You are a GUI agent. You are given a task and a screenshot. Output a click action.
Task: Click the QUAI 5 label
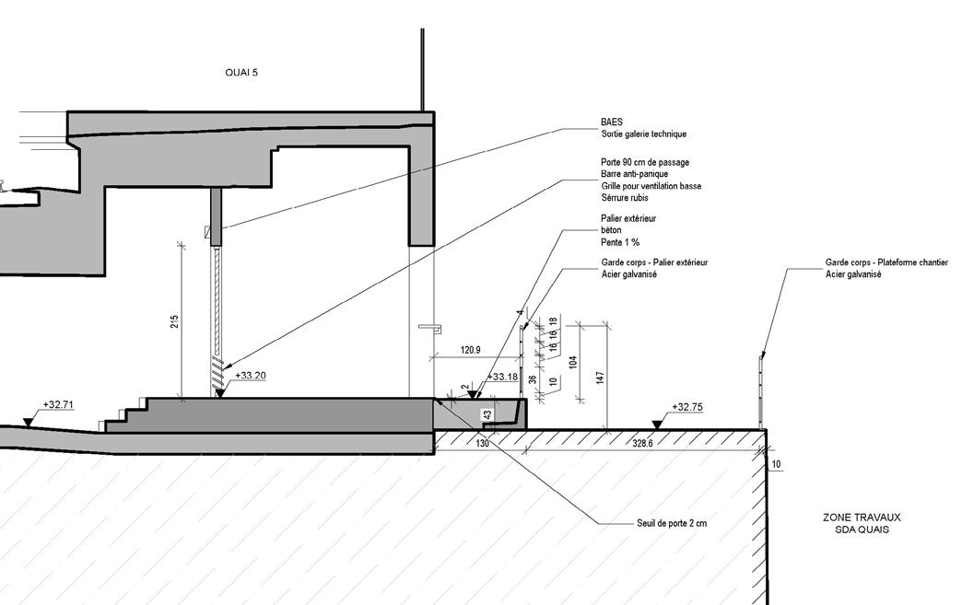pos(241,72)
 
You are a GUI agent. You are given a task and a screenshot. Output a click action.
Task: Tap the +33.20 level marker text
pos(251,376)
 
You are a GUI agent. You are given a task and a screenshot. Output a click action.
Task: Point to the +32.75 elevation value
pos(687,407)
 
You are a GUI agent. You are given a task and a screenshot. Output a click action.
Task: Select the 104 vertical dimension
pos(572,362)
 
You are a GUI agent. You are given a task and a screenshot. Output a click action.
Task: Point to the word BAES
pos(611,122)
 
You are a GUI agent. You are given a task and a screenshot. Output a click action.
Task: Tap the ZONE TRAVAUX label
pos(856,518)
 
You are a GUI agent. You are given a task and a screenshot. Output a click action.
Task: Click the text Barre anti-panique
pos(634,174)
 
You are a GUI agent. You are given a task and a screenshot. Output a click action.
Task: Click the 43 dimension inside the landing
pos(487,415)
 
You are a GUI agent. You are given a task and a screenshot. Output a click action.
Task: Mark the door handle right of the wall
pos(429,326)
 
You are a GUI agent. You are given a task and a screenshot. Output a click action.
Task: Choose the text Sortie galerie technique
pos(643,134)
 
